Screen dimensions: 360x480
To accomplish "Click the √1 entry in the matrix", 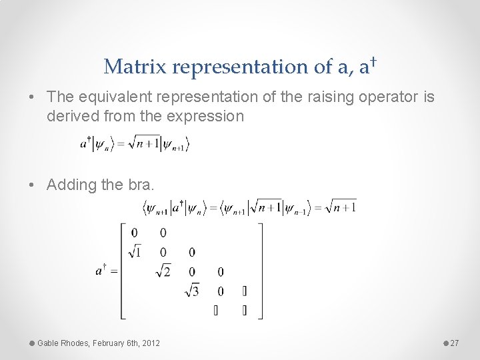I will (135, 252).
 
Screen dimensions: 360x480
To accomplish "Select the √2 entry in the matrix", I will (163, 271).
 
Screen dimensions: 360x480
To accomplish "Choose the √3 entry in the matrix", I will (192, 291).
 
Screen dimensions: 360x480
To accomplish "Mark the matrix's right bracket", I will (261, 271).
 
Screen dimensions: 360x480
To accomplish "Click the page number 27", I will (455, 343).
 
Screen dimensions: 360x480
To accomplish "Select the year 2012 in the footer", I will (150, 343).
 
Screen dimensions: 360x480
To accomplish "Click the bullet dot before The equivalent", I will (33, 97).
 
